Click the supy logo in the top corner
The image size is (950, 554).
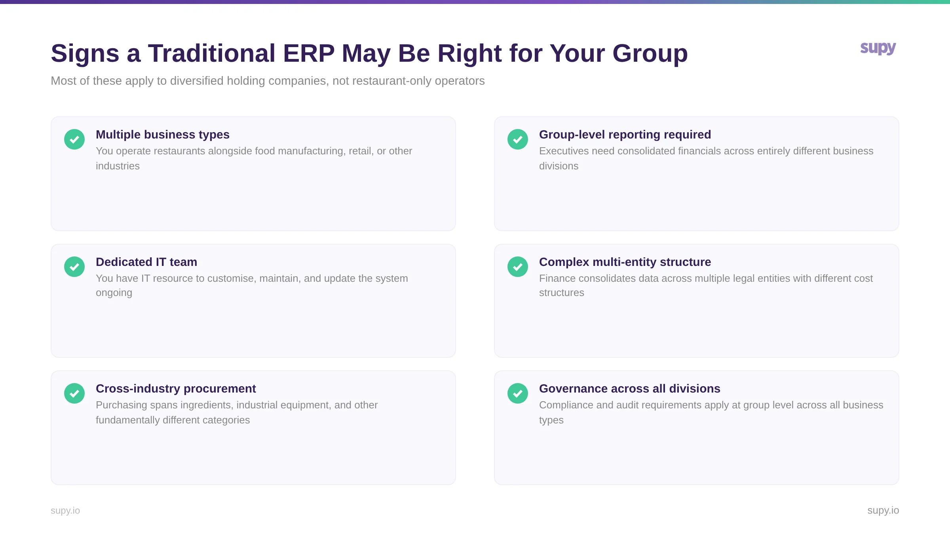tap(878, 48)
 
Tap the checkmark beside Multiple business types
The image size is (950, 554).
tap(74, 139)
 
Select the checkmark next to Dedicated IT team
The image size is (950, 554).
tap(74, 267)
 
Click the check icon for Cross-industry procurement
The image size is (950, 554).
tap(74, 393)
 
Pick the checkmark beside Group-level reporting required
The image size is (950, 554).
tap(518, 139)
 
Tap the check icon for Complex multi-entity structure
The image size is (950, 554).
tap(518, 267)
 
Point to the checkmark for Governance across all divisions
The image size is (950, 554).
tap(518, 393)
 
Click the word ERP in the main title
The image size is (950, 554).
tap(309, 53)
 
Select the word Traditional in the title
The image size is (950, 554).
tap(211, 53)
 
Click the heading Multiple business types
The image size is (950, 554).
tap(163, 135)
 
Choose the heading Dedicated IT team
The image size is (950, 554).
tap(146, 262)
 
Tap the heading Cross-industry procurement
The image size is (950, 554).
tap(176, 389)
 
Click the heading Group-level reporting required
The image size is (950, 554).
tap(625, 135)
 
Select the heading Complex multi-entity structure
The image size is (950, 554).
tap(625, 262)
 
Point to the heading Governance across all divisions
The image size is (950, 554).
tap(629, 389)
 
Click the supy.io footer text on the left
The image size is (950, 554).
tap(65, 510)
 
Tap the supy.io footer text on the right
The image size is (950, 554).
tap(883, 510)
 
